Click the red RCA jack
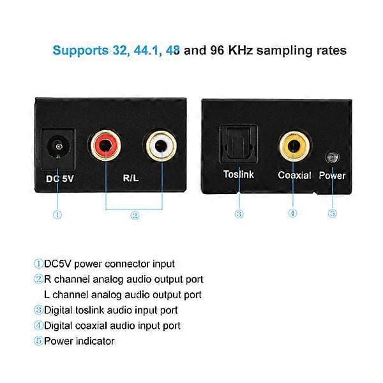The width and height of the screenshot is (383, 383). (x=105, y=146)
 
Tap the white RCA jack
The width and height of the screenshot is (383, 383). (x=161, y=146)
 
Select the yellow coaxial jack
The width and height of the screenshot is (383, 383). (x=294, y=146)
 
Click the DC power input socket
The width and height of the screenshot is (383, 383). (x=58, y=149)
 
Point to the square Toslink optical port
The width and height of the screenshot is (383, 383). (x=238, y=144)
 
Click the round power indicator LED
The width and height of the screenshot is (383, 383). (x=333, y=157)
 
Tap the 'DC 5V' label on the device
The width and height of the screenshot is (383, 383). (x=59, y=179)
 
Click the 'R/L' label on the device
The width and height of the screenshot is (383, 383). (x=131, y=178)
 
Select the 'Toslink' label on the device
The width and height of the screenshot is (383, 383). (x=238, y=174)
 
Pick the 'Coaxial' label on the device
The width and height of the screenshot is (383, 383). (x=294, y=175)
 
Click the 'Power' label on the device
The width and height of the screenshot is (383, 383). (x=332, y=176)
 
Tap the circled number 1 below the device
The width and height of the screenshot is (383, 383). (x=57, y=214)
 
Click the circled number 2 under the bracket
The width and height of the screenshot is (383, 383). (x=135, y=216)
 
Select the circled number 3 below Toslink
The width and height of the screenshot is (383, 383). (x=239, y=214)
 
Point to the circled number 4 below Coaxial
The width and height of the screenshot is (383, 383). (x=292, y=213)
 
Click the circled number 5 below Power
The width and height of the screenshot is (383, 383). (x=332, y=213)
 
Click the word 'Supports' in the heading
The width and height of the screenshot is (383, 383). (x=80, y=50)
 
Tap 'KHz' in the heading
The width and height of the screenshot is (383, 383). (x=241, y=50)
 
